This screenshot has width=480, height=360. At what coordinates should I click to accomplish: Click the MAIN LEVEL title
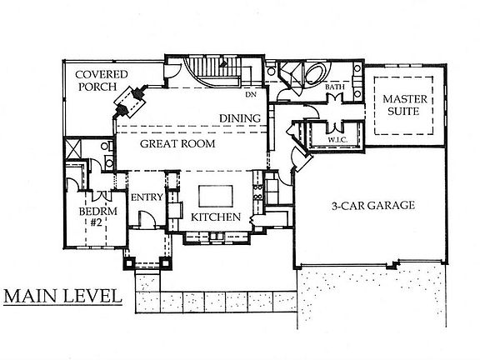tap(62, 297)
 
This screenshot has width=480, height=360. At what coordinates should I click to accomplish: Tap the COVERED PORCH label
tap(101, 81)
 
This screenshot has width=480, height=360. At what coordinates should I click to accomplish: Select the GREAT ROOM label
tap(177, 143)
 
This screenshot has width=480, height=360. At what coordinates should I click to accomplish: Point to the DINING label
tap(240, 118)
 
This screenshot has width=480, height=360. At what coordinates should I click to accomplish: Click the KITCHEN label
tap(216, 217)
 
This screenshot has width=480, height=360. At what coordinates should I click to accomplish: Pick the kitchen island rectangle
tap(216, 196)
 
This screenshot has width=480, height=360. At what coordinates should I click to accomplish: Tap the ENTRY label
tap(147, 197)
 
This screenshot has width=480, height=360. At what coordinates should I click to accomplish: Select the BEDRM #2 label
tap(97, 217)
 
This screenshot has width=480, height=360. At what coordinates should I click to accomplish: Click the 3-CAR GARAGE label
tap(373, 205)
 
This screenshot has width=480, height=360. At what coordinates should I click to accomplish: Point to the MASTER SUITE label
tap(404, 105)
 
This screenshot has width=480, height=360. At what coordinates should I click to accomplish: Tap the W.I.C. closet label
tap(337, 140)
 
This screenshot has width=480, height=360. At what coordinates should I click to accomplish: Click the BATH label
tap(335, 87)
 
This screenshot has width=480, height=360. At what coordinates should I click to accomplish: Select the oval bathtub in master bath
tap(317, 72)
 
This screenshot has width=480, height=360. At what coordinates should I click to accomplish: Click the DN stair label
tap(251, 94)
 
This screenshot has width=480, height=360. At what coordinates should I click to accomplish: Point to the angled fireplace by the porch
tap(129, 102)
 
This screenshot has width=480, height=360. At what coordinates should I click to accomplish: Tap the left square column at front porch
tap(129, 263)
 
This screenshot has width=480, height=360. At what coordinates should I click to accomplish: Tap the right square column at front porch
tap(166, 263)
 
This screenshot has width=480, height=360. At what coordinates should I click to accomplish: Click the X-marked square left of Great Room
tap(73, 148)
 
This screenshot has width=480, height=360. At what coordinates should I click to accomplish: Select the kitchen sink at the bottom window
tap(217, 237)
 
